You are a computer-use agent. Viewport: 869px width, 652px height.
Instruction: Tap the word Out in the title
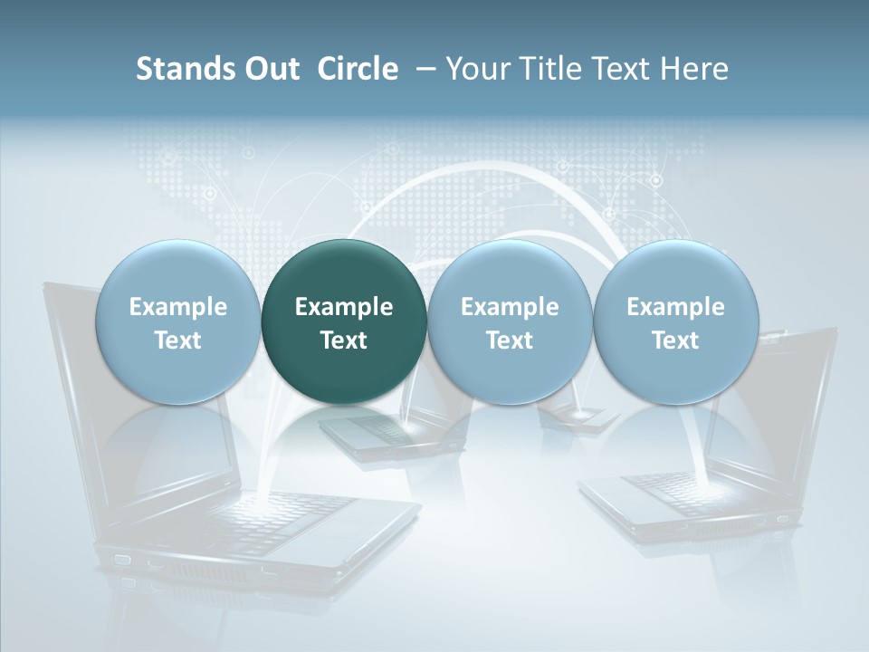[x=272, y=69]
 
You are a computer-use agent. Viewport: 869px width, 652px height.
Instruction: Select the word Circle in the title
[x=358, y=69]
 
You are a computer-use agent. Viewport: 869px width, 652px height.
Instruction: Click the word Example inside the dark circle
[x=344, y=307]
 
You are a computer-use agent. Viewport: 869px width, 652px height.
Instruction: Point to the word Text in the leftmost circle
[x=178, y=340]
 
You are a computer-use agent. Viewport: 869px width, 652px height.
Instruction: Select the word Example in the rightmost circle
[x=675, y=307]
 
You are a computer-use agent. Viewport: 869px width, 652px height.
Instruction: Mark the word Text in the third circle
[x=510, y=340]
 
